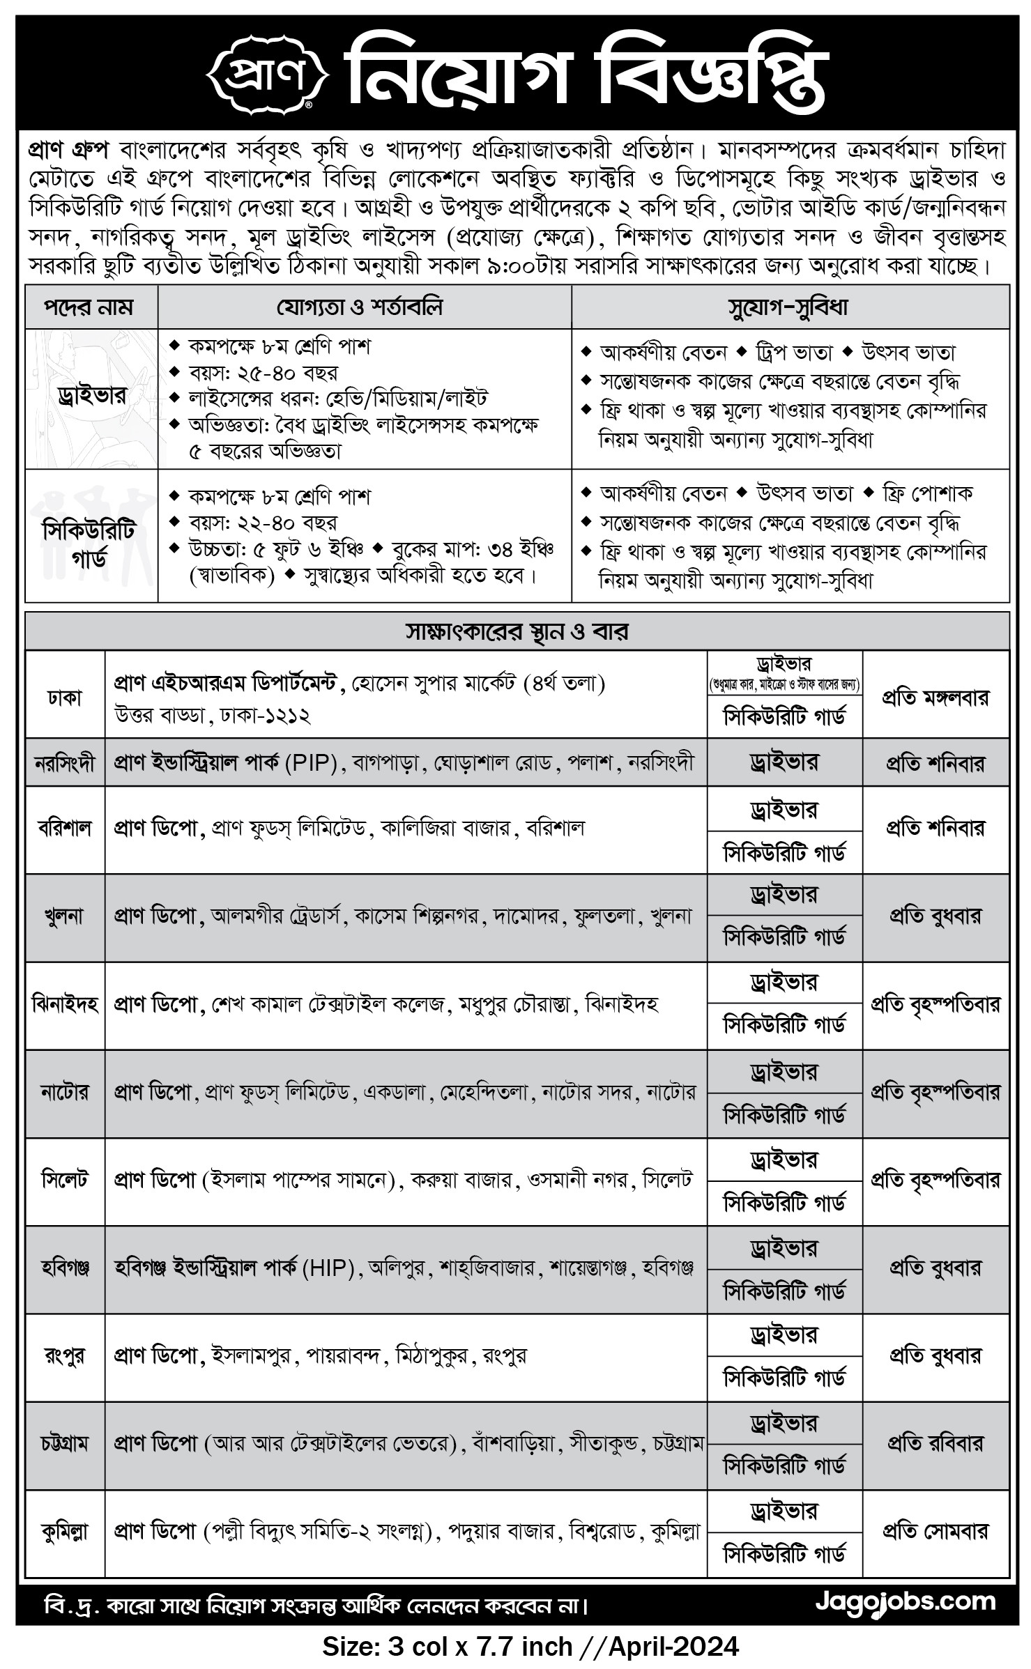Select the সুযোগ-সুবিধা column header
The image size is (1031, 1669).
pyautogui.click(x=789, y=307)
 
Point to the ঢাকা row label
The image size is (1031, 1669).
pyautogui.click(x=65, y=696)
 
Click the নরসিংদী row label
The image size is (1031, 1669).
pyautogui.click(x=65, y=763)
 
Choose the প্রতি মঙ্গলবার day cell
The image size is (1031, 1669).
pyautogui.click(x=935, y=696)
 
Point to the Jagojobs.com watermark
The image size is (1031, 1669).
pyautogui.click(x=906, y=1601)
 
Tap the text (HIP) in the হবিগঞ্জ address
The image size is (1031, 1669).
pyautogui.click(x=328, y=1268)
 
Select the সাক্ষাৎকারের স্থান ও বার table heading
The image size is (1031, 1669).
pyautogui.click(x=517, y=632)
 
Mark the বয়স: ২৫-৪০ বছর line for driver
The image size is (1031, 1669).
pyautogui.click(x=263, y=373)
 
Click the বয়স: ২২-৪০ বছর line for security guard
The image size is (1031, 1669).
pyautogui.click(x=263, y=523)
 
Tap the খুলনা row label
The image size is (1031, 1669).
pyautogui.click(x=65, y=916)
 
